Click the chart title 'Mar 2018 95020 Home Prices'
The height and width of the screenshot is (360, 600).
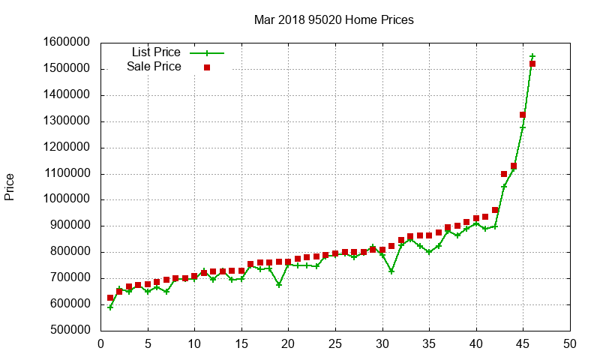(333, 19)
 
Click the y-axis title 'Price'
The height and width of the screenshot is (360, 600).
(10, 187)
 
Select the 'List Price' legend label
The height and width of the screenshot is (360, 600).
(156, 52)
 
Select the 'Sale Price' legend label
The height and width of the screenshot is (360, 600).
(154, 67)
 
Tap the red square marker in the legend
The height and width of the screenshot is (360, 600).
(207, 67)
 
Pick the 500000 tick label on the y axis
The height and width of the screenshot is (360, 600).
(67, 331)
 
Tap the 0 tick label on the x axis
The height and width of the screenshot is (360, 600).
(101, 344)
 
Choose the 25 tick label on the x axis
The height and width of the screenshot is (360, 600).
(335, 344)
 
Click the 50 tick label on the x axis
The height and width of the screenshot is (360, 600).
(570, 344)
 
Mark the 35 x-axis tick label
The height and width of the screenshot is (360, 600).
(429, 344)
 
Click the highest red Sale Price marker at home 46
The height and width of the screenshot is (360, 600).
(532, 64)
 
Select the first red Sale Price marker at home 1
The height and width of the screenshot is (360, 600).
(110, 298)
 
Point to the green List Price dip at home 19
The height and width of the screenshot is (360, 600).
(279, 285)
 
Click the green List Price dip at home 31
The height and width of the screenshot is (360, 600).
(391, 271)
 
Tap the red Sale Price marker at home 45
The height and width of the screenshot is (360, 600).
(523, 115)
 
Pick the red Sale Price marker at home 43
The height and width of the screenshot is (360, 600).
(504, 174)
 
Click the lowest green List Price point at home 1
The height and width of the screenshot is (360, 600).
(110, 307)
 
